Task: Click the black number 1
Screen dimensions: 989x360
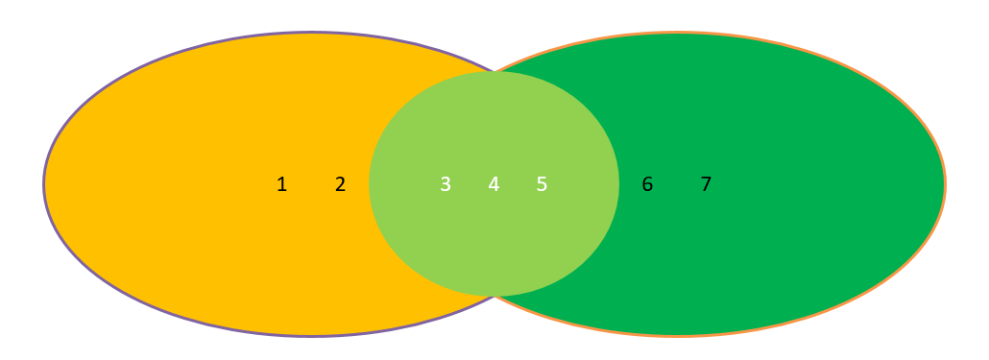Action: tap(281, 184)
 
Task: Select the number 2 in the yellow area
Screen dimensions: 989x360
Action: tap(340, 184)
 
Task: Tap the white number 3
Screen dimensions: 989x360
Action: tap(446, 184)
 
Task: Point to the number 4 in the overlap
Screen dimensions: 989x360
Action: tap(494, 184)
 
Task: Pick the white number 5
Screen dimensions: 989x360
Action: tap(542, 184)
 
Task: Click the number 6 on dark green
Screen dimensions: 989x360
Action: tap(647, 184)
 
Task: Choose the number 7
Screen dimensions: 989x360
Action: tap(706, 184)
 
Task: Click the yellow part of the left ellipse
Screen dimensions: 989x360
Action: tap(192, 182)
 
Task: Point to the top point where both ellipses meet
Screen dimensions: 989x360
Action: tap(494, 72)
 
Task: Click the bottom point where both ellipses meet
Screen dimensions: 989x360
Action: tap(494, 296)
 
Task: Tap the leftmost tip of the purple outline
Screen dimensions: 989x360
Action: tap(44, 184)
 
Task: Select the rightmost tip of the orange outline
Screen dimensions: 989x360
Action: tap(945, 184)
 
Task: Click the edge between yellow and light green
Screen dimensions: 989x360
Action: tap(370, 184)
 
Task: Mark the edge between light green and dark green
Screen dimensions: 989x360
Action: tap(619, 184)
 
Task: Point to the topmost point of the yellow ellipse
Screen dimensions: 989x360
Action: tap(311, 34)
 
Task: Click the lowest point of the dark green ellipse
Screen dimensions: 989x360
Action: tap(677, 335)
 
